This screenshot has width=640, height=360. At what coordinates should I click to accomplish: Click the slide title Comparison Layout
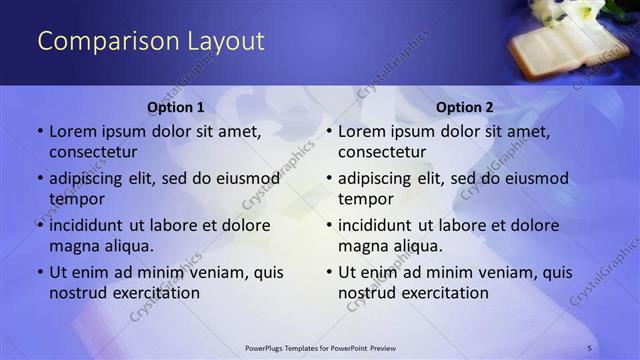150,41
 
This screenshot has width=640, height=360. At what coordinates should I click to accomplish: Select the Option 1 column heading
176,107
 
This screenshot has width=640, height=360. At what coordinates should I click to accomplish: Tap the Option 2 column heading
465,107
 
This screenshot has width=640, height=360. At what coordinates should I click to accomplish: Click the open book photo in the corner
560,42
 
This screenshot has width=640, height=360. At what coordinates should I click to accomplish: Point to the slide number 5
590,347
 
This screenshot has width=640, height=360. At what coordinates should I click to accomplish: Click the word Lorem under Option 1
73,132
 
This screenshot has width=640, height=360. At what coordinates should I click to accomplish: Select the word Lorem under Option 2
362,132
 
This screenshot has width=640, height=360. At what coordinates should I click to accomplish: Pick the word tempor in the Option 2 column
366,199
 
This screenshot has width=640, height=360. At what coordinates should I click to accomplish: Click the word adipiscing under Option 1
90,179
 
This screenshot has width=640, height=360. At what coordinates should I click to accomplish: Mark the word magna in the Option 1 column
73,245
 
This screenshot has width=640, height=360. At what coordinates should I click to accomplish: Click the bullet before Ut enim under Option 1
39,272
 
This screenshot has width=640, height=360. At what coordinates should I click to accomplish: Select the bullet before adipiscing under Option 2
328,179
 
